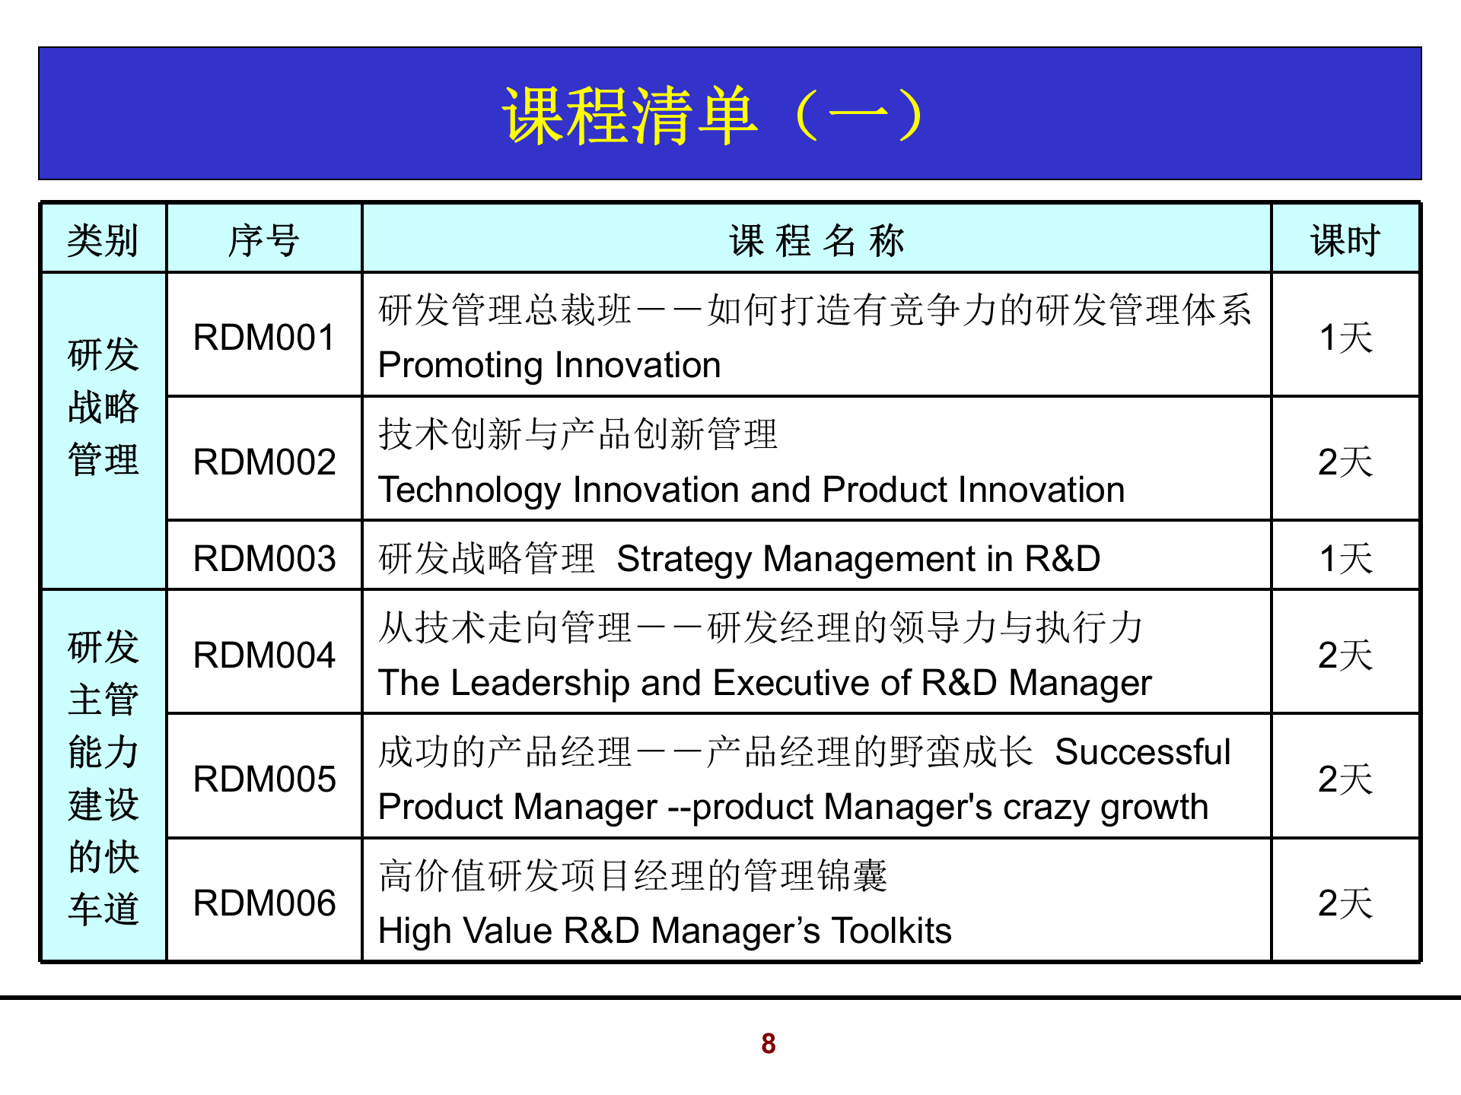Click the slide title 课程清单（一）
pos(713,115)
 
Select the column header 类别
pos(103,240)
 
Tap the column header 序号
pos(263,240)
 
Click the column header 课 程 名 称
pos(816,240)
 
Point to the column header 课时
pos(1345,240)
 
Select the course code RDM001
pos(264,338)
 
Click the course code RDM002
pos(264,462)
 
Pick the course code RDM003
pos(264,558)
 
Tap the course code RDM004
pos(264,655)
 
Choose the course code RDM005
pos(264,779)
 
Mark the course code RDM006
pos(264,903)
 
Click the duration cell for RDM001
pos(1345,338)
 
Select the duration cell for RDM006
pos(1345,903)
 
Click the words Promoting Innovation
pos(549,365)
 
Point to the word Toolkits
pos(891,930)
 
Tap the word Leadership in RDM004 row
pos(540,682)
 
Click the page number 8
pos(769,1043)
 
